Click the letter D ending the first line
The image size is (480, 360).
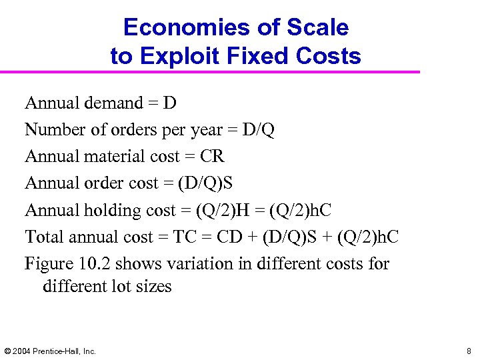[169, 103]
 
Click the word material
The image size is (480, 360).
[114, 157]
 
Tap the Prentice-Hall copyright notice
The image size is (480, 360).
[50, 351]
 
